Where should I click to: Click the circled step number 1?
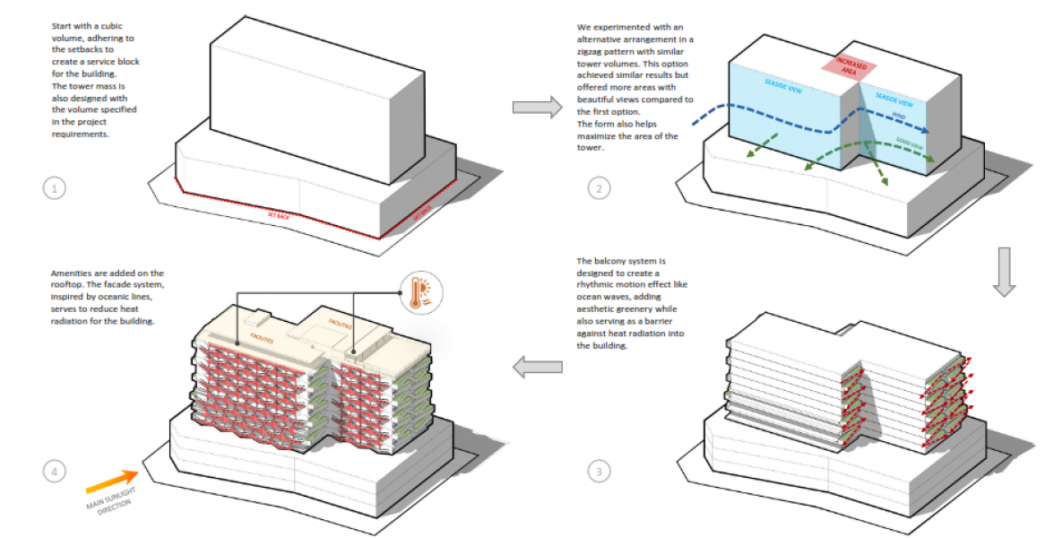point(55,188)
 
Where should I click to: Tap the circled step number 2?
point(598,188)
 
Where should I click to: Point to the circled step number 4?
point(55,470)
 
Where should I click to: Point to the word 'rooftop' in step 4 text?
point(70,284)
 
